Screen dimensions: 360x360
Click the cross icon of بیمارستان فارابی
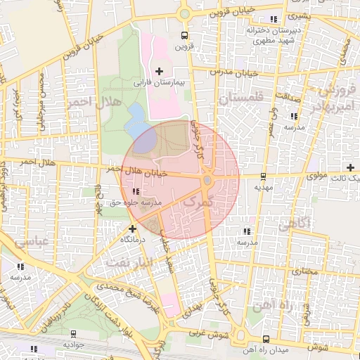[160, 71]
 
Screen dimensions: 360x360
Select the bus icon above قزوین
[184, 35]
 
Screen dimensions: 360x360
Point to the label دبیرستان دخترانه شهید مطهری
[272, 36]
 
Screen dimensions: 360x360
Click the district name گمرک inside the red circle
[196, 201]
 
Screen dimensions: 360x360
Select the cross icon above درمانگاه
[132, 228]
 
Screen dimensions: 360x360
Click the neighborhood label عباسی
[26, 241]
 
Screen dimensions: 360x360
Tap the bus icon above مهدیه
[263, 176]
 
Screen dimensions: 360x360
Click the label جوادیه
[73, 345]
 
